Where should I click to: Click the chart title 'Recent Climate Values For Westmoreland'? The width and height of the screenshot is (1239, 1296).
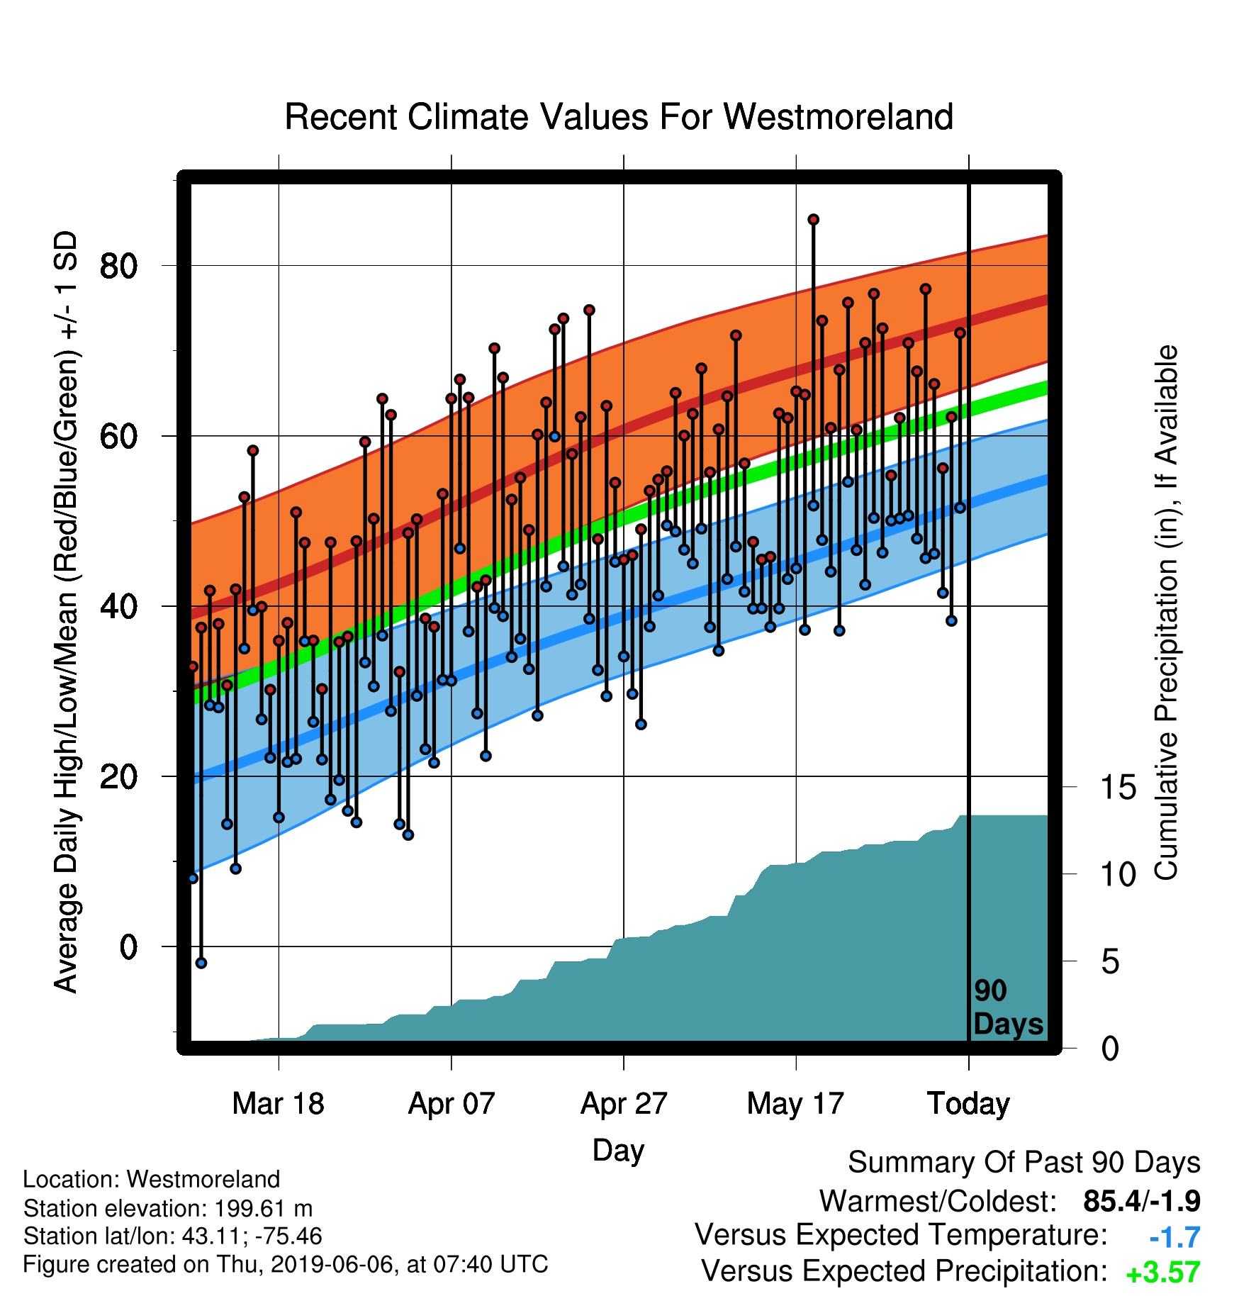click(x=619, y=117)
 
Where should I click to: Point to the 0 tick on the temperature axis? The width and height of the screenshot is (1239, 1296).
click(x=128, y=946)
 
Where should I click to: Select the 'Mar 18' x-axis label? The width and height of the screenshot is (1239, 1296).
click(x=278, y=1104)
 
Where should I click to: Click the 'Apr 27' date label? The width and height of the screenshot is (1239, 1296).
click(x=624, y=1104)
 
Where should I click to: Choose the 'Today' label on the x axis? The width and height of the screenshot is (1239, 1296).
click(x=968, y=1104)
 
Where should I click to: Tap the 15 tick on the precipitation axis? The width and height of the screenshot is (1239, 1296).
click(x=1118, y=787)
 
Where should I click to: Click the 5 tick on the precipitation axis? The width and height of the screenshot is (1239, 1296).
click(x=1110, y=961)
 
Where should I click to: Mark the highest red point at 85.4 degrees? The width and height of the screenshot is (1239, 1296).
click(x=813, y=220)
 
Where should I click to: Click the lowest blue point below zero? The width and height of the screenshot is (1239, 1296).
click(x=201, y=963)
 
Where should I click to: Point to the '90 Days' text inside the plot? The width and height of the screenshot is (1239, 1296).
click(x=1008, y=1007)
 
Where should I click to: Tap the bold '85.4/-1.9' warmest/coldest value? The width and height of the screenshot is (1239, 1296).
click(x=1142, y=1201)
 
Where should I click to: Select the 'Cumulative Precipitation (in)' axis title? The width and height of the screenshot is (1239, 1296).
click(x=1166, y=613)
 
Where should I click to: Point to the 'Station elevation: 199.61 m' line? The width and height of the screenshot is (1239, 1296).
click(x=167, y=1208)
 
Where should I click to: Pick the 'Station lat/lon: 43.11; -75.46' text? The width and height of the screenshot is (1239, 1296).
click(x=172, y=1236)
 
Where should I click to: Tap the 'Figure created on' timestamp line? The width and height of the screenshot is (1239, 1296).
click(x=285, y=1265)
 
